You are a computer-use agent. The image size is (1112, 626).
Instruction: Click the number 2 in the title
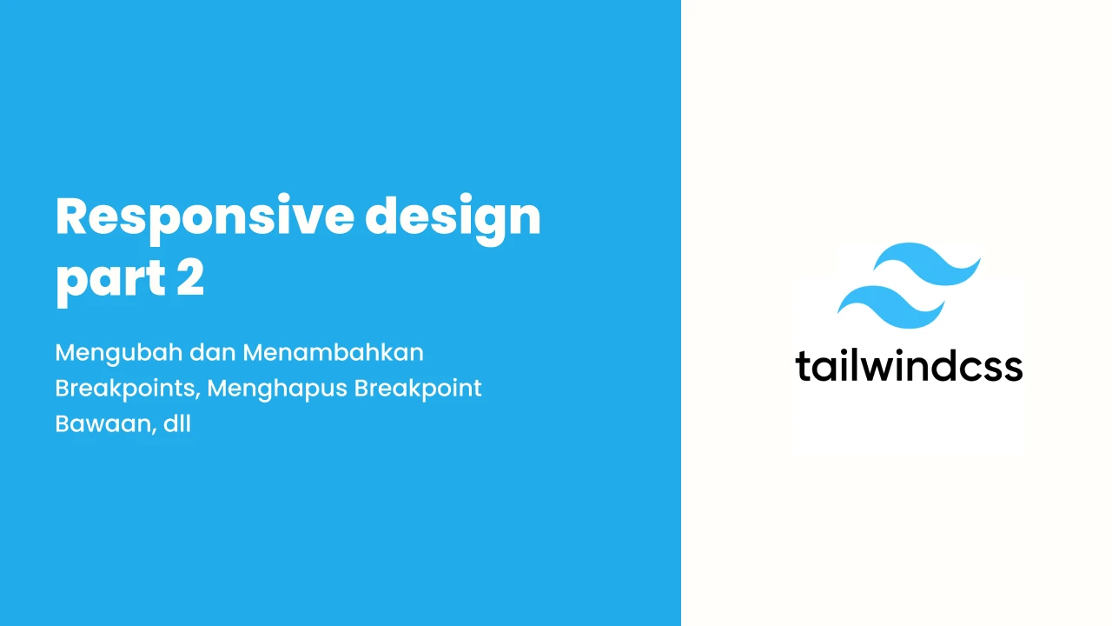[190, 276]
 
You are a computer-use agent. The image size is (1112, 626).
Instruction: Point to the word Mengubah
[119, 354]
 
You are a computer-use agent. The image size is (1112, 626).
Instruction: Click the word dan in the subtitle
[213, 353]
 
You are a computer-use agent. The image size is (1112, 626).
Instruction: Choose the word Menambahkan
[333, 353]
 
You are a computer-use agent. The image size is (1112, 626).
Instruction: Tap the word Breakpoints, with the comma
[128, 390]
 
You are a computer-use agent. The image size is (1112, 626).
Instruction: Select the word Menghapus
[276, 390]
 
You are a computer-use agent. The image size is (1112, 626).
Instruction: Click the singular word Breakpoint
[418, 390]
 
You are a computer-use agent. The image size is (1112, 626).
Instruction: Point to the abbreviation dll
[177, 423]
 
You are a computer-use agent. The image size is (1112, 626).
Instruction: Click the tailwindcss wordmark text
[909, 366]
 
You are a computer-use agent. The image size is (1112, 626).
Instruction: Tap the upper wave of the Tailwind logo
[927, 264]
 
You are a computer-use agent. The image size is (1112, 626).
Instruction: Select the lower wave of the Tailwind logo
[891, 307]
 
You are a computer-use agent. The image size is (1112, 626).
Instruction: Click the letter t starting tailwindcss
[804, 366]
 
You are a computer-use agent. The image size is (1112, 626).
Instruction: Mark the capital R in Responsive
[71, 216]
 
